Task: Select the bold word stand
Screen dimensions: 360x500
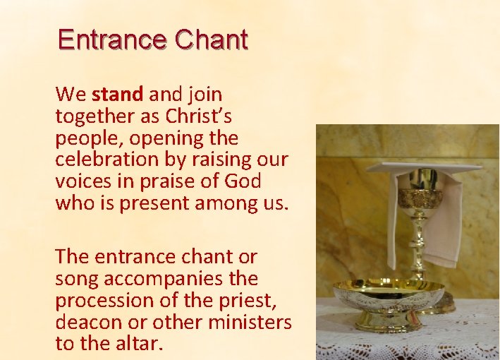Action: click(117, 94)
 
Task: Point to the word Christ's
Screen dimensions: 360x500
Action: click(199, 116)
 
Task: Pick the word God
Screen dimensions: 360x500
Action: click(243, 181)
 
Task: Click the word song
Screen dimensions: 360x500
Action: click(75, 279)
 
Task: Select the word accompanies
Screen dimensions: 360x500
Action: click(158, 279)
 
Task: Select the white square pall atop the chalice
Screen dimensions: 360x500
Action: click(423, 167)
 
